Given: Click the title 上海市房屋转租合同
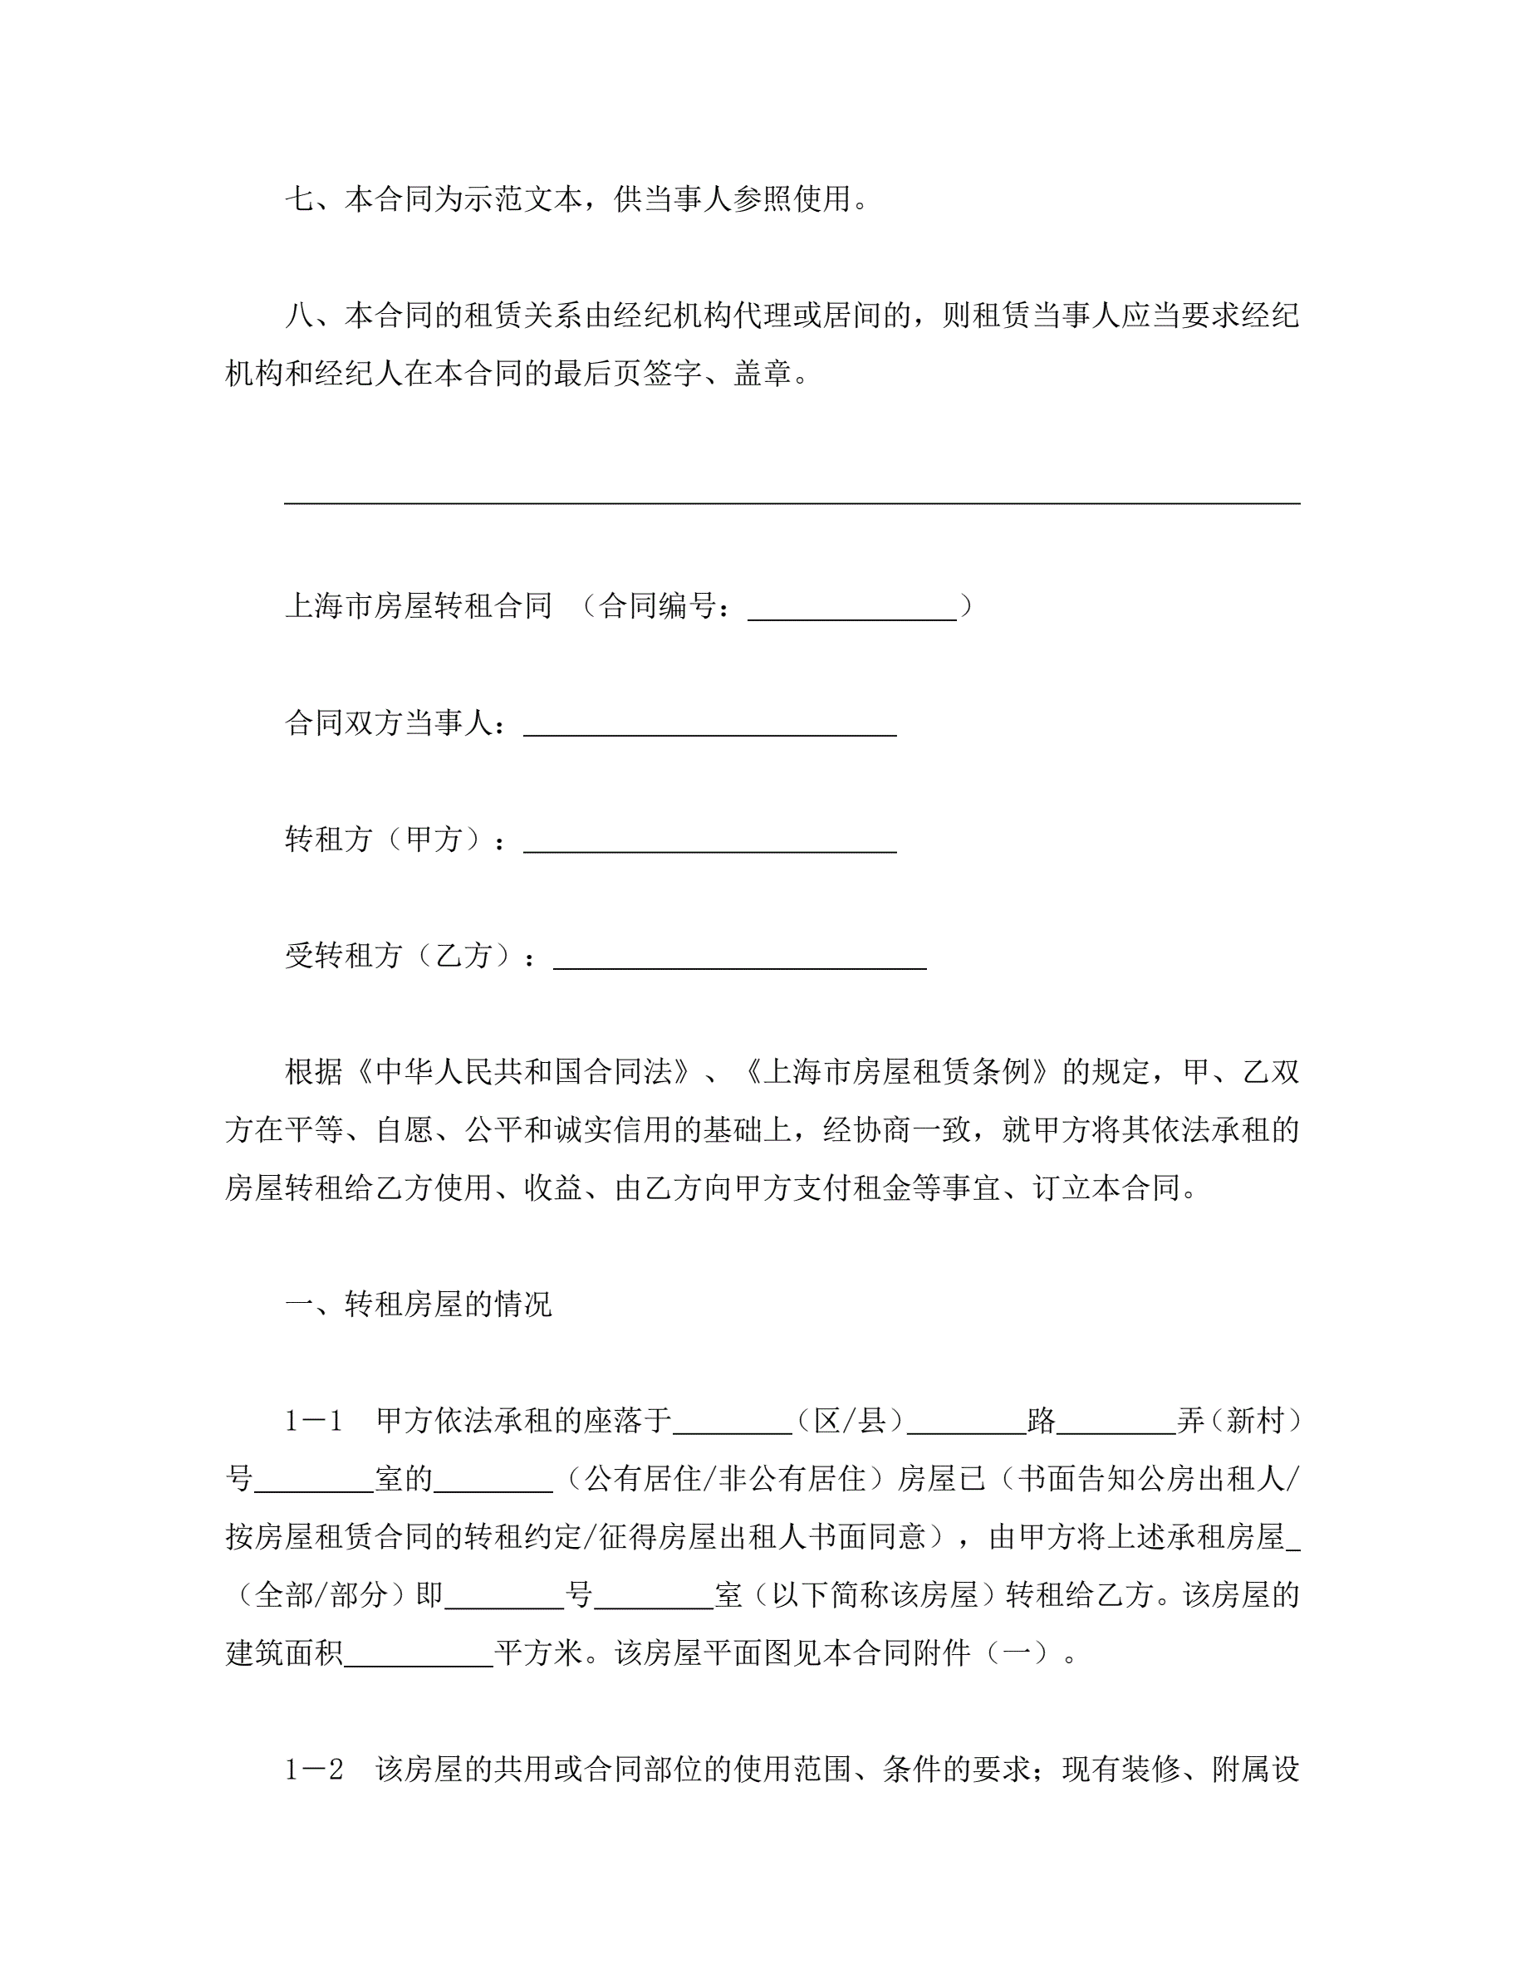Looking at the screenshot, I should (x=419, y=605).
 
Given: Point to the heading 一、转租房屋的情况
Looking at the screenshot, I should (x=419, y=1304).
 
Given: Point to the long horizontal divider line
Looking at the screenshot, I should (x=792, y=502).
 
